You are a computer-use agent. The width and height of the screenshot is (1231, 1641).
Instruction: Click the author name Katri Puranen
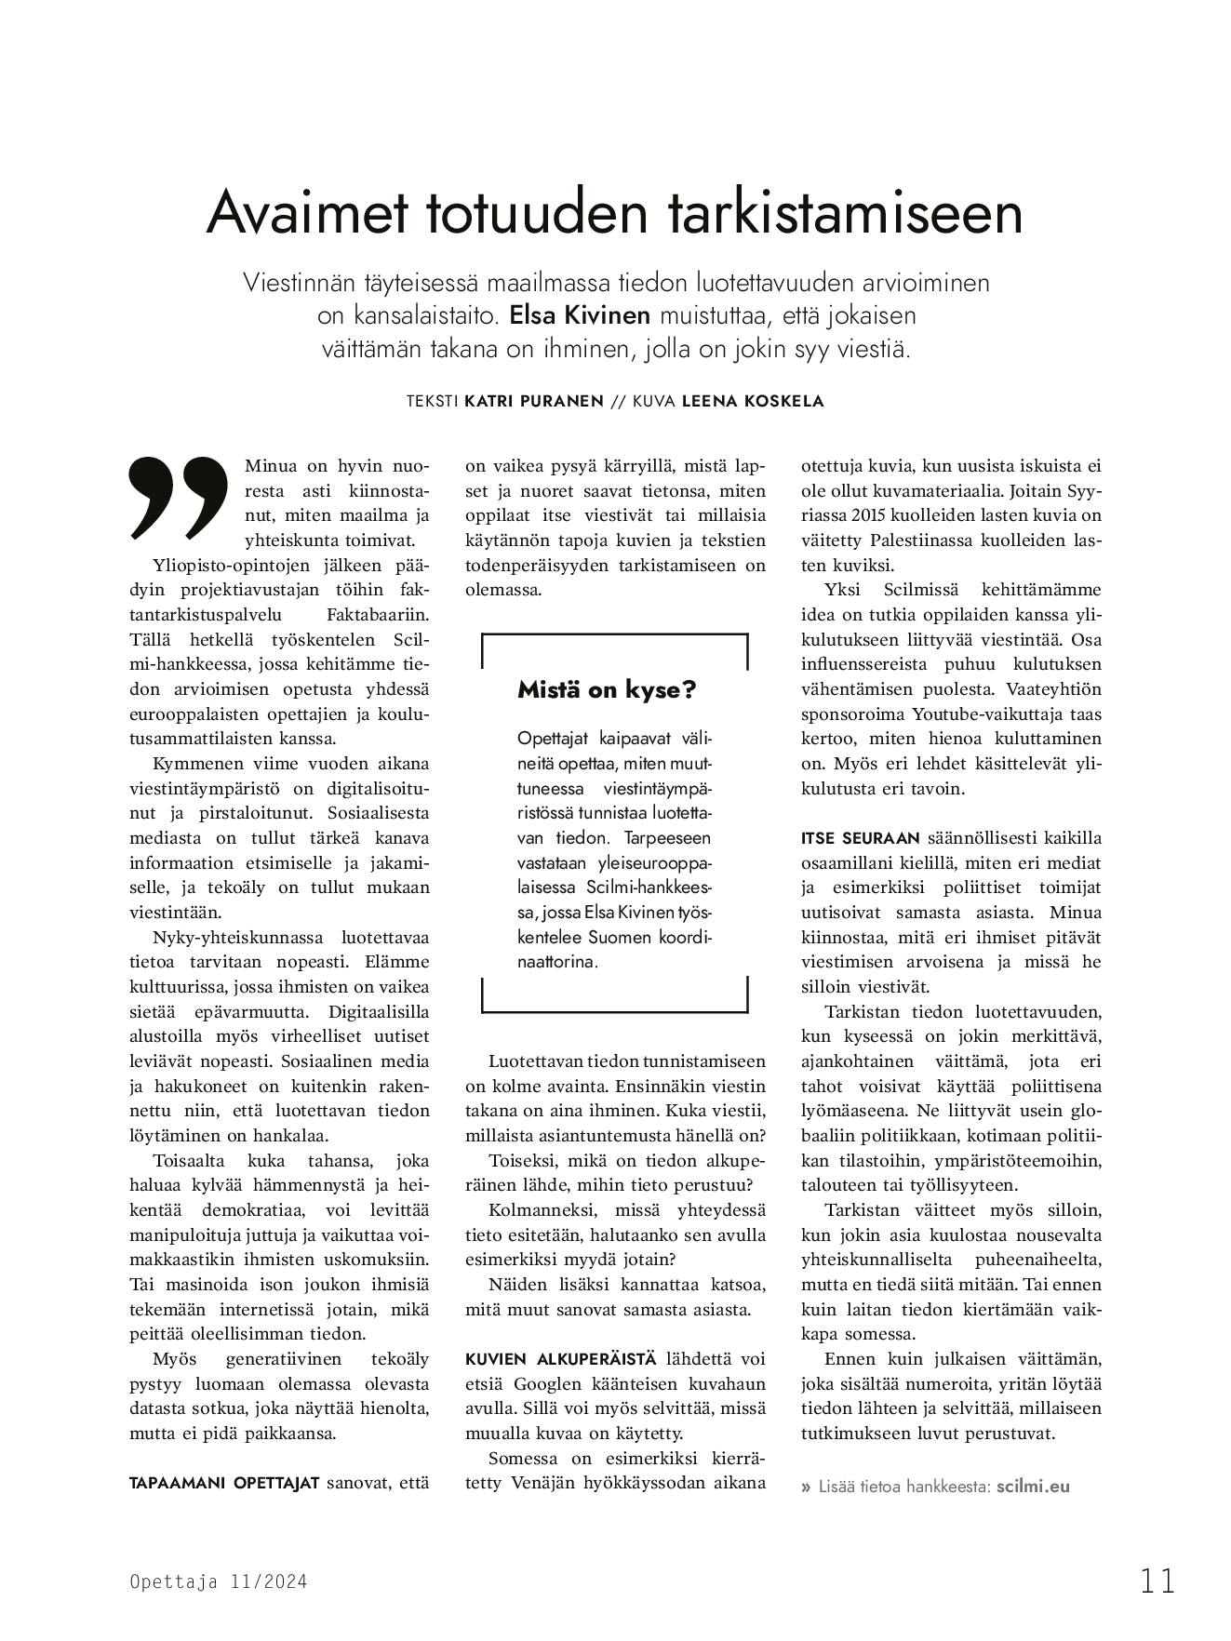(x=533, y=402)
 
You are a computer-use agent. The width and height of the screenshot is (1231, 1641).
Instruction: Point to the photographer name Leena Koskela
(x=753, y=402)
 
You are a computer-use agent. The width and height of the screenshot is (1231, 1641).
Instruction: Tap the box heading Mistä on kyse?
(x=607, y=690)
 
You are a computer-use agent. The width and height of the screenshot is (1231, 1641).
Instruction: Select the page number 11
(x=1157, y=1581)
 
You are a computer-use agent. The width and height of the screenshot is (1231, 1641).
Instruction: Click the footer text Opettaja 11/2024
(x=218, y=1581)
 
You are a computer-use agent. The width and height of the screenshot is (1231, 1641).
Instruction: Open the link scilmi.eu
(x=1033, y=1486)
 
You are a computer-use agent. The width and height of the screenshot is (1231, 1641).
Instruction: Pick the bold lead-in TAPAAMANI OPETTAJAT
(x=224, y=1482)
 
